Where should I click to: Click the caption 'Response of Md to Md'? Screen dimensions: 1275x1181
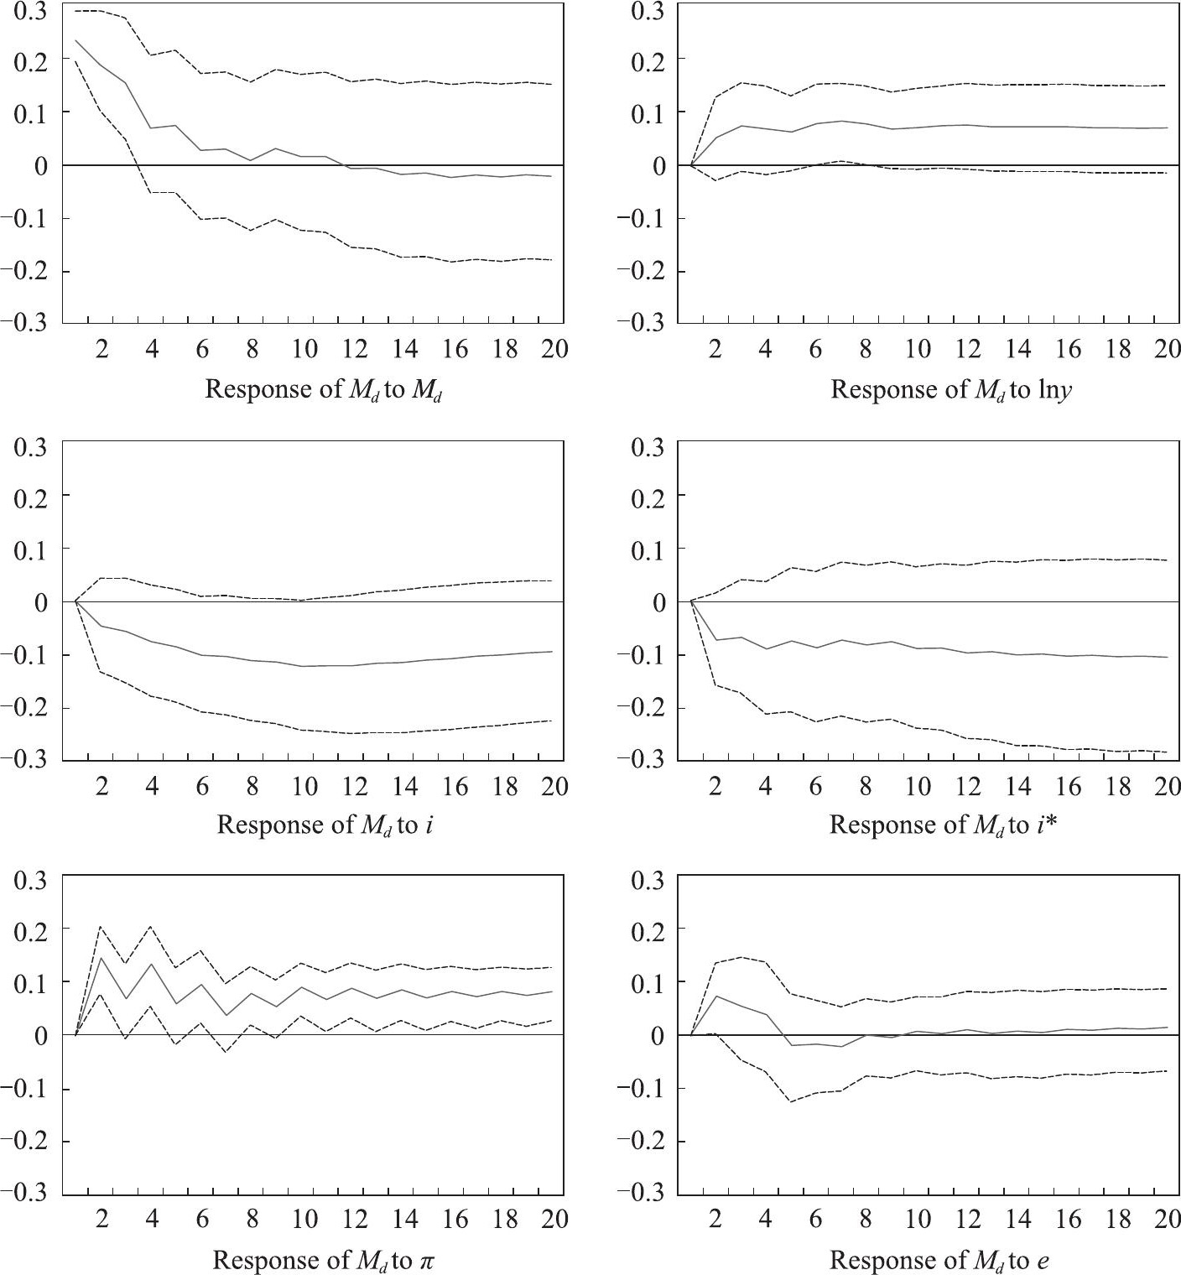point(324,390)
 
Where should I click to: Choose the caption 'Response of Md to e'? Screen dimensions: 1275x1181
point(939,1261)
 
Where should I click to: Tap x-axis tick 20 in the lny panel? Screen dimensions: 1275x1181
point(1167,349)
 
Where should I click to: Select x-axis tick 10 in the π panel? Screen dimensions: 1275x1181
point(304,1220)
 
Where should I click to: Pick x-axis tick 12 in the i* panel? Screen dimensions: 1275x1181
point(967,786)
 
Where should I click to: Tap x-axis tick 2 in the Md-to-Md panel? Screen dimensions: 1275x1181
point(102,349)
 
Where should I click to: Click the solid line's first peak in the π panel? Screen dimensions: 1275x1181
point(101,958)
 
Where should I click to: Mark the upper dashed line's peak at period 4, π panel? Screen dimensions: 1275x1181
point(151,926)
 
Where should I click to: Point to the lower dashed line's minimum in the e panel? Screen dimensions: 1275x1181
point(792,1101)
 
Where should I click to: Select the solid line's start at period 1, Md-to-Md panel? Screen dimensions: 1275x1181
point(75,39)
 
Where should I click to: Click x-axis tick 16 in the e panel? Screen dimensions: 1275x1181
point(1068,1220)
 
